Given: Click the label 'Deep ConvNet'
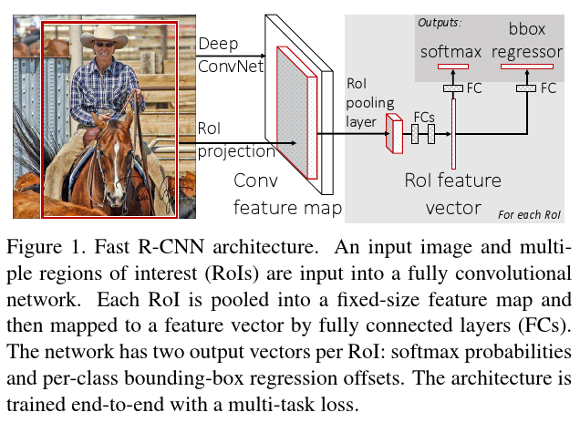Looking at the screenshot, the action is pyautogui.click(x=231, y=55).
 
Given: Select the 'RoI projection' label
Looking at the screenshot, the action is pyautogui.click(x=236, y=139).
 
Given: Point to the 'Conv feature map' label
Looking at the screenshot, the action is pyautogui.click(x=287, y=194).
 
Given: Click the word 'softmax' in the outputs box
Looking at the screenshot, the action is pyautogui.click(x=451, y=52).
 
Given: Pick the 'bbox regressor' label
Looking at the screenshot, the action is pyautogui.click(x=527, y=40).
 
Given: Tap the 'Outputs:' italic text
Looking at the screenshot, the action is pyautogui.click(x=440, y=23).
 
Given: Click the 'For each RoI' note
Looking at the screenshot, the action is pyautogui.click(x=529, y=214).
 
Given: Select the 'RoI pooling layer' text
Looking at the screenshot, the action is pyautogui.click(x=370, y=103).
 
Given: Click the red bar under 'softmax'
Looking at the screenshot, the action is pyautogui.click(x=453, y=67).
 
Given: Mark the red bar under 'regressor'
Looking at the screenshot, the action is pyautogui.click(x=527, y=67).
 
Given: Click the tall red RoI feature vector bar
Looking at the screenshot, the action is pyautogui.click(x=453, y=134).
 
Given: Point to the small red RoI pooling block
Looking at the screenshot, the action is pyautogui.click(x=394, y=133).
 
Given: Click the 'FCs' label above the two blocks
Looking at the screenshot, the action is pyautogui.click(x=424, y=118).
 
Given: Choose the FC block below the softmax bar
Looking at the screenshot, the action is pyautogui.click(x=453, y=88).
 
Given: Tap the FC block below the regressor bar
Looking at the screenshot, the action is pyautogui.click(x=526, y=88).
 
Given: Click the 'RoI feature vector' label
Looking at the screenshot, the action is pyautogui.click(x=453, y=194).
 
